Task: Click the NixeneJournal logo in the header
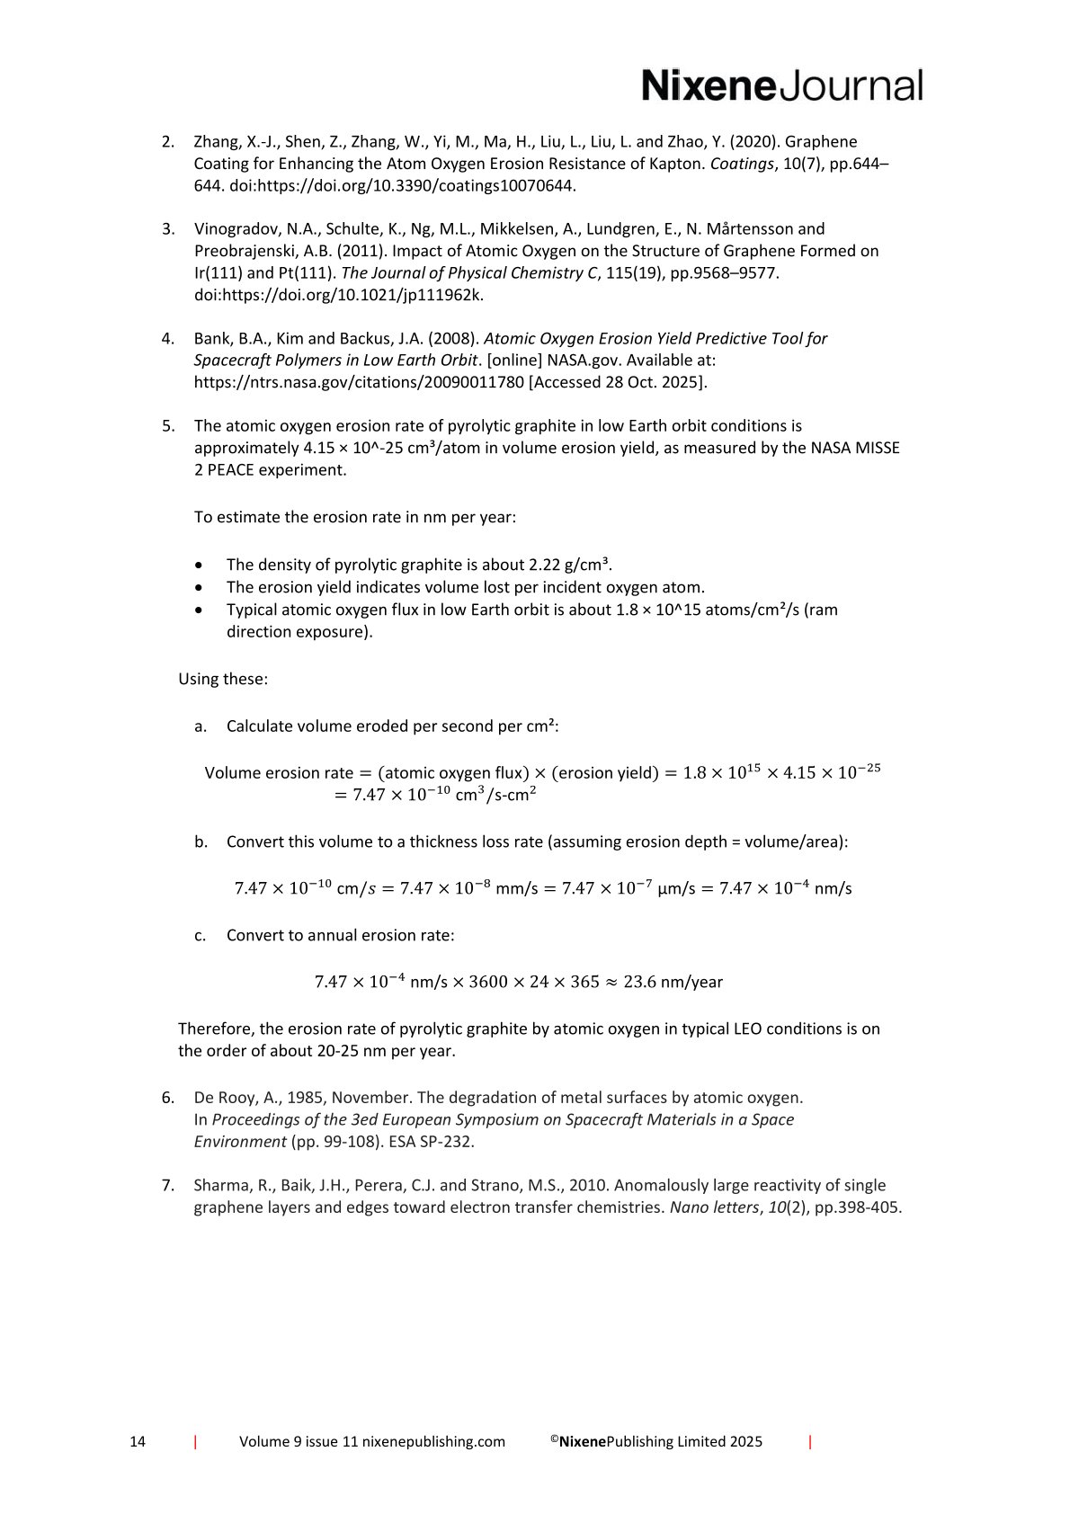click(781, 86)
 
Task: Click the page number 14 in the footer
click(138, 1441)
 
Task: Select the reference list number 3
click(168, 229)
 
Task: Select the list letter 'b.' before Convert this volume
click(201, 842)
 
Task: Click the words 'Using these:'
click(223, 679)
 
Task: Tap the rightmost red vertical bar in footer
click(810, 1442)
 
